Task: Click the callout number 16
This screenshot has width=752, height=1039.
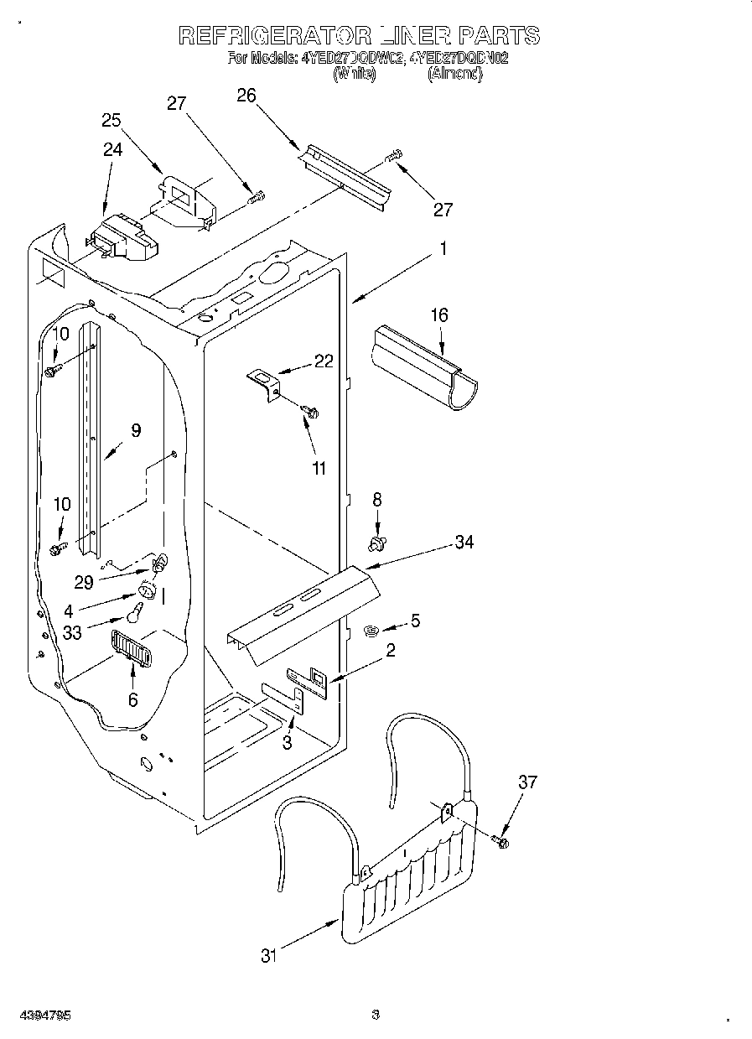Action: pos(439,315)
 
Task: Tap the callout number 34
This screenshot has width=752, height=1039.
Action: pos(464,543)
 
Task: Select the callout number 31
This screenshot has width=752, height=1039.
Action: pos(268,955)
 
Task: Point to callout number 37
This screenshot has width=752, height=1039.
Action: pos(527,782)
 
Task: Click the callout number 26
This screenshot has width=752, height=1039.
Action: pos(246,96)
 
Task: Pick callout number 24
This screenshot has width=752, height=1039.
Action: pos(112,150)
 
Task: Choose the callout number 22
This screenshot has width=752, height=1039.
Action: pos(324,361)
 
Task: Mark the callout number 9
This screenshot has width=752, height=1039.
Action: pos(136,431)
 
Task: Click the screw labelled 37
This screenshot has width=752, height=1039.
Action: pos(501,841)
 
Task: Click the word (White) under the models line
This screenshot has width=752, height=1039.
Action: pos(354,74)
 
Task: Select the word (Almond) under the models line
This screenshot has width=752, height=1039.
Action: pos(456,74)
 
